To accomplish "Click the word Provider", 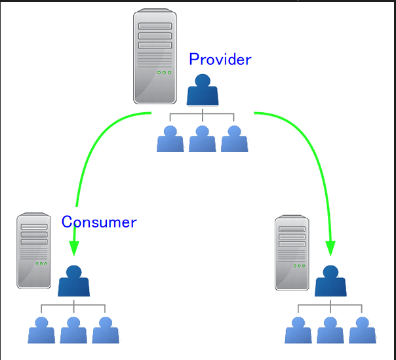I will click(x=220, y=60).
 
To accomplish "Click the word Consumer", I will click(x=99, y=222).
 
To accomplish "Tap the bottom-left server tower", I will click(x=34, y=250).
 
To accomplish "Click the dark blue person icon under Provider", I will click(x=202, y=90).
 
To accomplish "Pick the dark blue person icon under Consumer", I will click(x=73, y=281).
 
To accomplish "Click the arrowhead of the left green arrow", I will click(x=74, y=247).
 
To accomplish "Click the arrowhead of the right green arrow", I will click(x=330, y=249).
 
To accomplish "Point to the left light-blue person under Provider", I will click(x=170, y=139).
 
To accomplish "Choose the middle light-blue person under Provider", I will click(x=203, y=139).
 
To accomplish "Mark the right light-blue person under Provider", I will click(x=234, y=139).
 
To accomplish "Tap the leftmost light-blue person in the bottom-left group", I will click(x=41, y=330).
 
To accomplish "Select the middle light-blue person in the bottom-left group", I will click(x=73, y=330).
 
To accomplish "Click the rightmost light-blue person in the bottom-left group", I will click(x=106, y=330).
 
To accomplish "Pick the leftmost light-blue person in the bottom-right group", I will click(x=298, y=330).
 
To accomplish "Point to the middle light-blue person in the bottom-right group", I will click(x=330, y=330).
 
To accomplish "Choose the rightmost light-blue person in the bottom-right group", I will click(x=363, y=330).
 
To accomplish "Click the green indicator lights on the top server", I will click(x=164, y=72).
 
